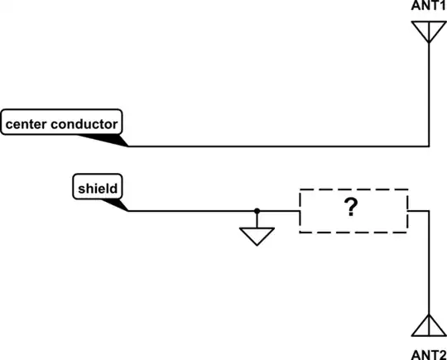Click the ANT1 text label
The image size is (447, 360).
click(428, 7)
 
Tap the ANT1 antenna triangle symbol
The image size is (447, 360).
click(428, 30)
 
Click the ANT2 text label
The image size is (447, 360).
click(428, 353)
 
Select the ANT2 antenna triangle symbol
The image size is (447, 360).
click(428, 326)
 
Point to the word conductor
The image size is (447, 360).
click(88, 124)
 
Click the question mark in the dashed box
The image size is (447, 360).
click(353, 210)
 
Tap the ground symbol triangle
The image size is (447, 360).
click(257, 237)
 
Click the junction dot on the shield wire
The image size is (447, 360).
click(257, 211)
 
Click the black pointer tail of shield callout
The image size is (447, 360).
click(121, 204)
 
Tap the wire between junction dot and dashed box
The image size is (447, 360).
click(278, 211)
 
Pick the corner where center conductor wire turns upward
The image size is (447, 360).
click(428, 146)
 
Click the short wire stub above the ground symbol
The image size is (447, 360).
click(257, 219)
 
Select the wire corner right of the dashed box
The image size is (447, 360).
click(428, 211)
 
